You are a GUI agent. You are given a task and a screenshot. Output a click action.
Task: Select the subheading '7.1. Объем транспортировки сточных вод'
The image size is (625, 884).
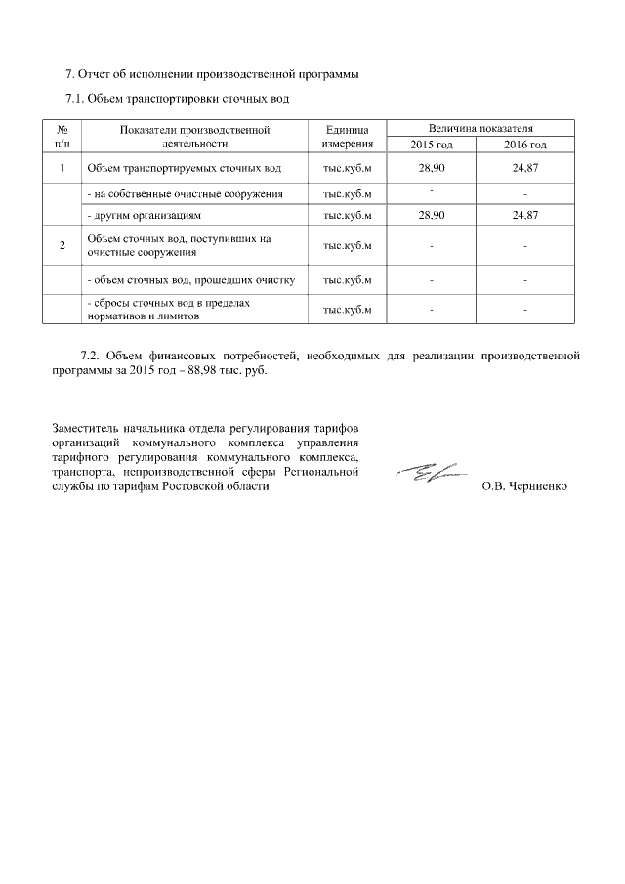pos(177,99)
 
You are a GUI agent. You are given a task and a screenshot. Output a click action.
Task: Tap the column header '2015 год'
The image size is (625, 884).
pos(432,145)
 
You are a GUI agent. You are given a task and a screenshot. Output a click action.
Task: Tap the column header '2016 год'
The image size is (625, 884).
pos(524,145)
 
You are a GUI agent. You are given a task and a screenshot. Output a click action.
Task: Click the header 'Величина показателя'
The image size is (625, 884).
pos(479,129)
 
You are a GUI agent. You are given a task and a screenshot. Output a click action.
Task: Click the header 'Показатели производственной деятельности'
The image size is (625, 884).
pos(194,137)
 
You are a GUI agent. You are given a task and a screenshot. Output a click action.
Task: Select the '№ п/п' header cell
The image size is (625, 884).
pos(62,137)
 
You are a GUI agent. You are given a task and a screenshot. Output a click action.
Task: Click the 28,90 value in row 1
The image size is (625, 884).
pos(432,169)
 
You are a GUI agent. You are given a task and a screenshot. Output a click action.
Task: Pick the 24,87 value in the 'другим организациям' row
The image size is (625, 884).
pos(524,213)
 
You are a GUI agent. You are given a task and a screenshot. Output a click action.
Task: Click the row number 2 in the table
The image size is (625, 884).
pos(62,245)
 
